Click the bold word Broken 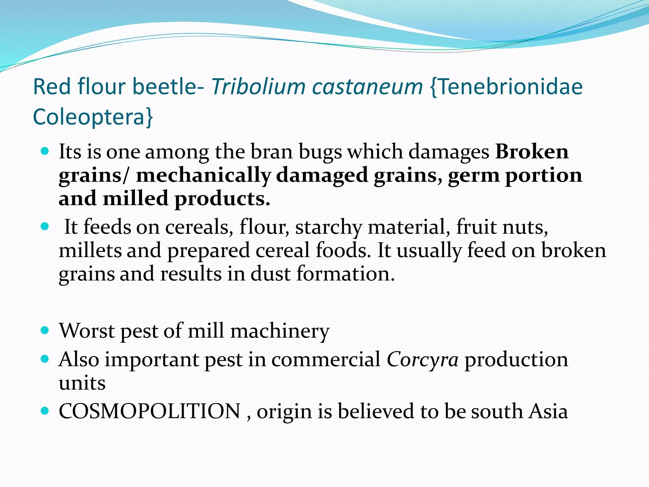point(532,152)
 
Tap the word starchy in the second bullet point(329,228)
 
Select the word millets point(90,250)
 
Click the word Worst point(87,331)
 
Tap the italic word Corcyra point(422,360)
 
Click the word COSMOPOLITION point(150,412)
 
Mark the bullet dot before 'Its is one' point(45,151)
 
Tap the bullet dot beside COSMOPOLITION point(45,411)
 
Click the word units point(82,383)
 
